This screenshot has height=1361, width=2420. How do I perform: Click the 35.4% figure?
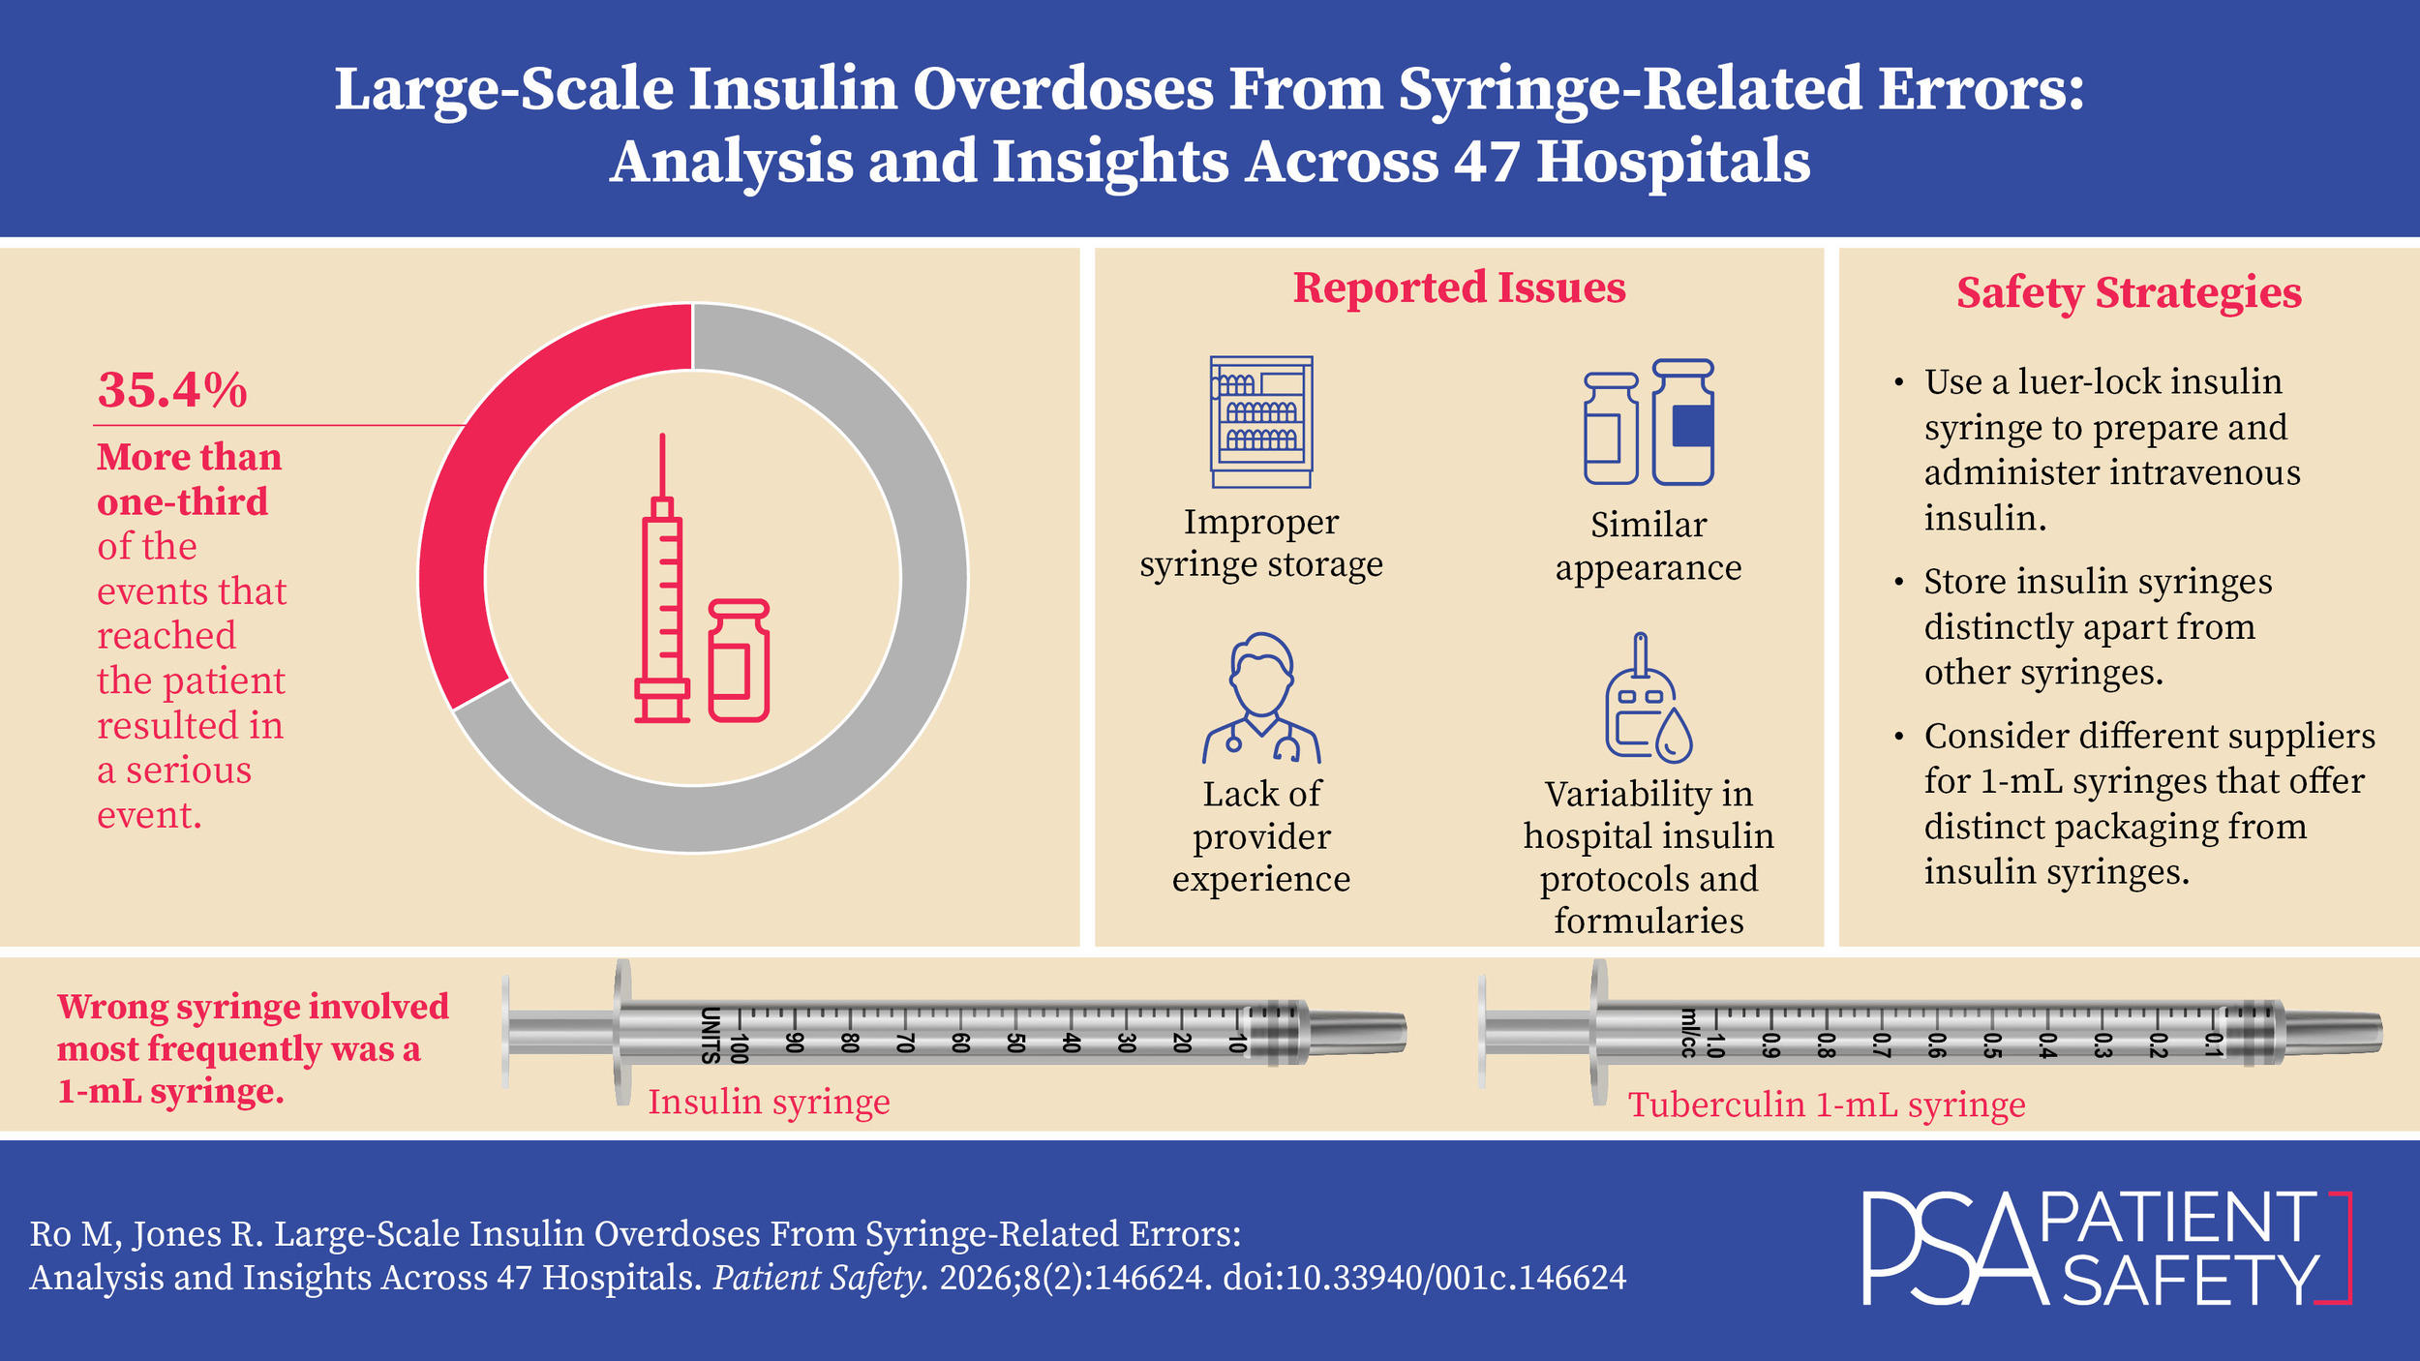(172, 390)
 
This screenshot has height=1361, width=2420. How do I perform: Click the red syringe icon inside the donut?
(662, 600)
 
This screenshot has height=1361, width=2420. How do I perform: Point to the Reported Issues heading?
(1459, 287)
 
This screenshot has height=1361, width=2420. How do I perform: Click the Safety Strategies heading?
(2129, 292)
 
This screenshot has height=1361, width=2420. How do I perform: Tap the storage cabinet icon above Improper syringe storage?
(1261, 421)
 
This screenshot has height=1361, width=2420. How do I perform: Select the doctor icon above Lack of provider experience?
(1261, 697)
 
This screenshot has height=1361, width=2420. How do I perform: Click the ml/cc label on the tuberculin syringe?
(1687, 1034)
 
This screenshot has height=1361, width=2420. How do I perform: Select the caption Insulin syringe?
(769, 1102)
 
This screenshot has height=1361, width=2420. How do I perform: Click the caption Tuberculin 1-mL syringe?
(1827, 1104)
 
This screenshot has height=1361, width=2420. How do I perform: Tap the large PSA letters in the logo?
(1946, 1249)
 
